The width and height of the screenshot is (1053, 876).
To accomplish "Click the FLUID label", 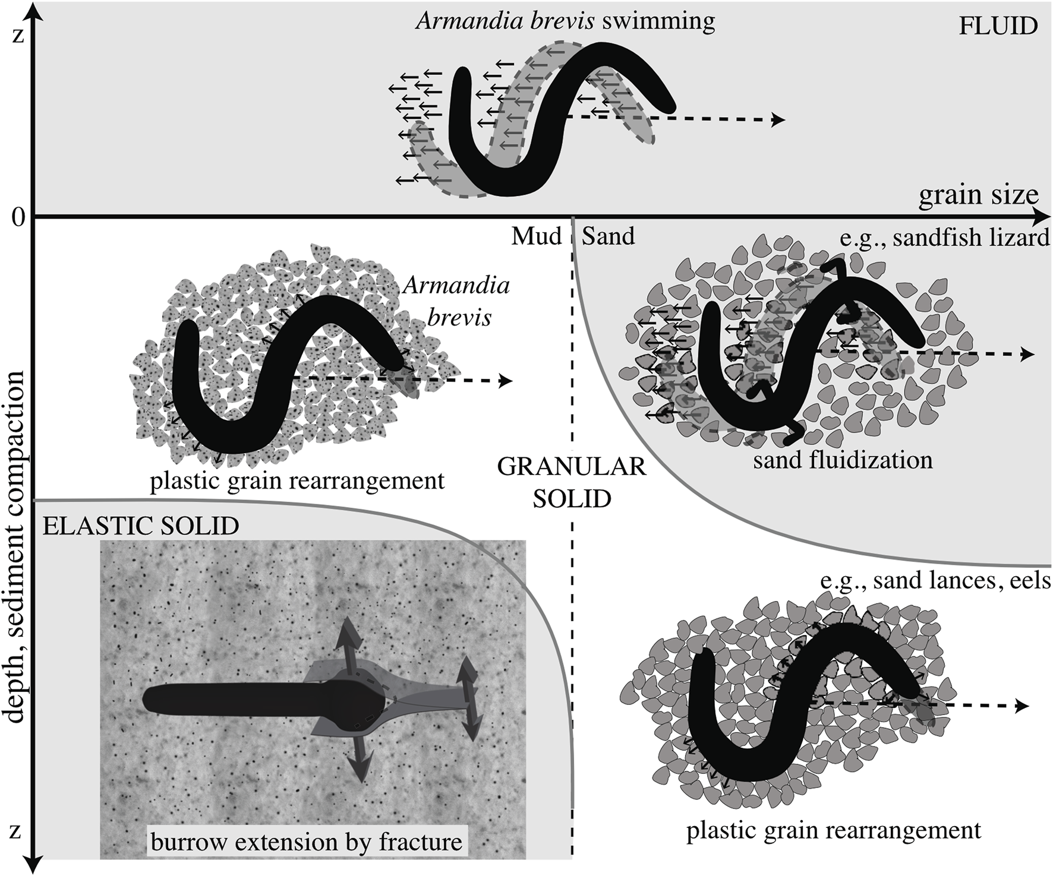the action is (998, 26).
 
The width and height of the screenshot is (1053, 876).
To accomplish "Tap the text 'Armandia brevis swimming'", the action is (565, 21).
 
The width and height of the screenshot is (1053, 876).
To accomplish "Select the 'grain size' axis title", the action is (978, 195).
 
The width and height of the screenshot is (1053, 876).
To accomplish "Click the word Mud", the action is (536, 236).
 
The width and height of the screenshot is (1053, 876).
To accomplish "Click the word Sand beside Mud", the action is (608, 236).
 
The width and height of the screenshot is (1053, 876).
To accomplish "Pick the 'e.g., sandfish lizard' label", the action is (945, 238).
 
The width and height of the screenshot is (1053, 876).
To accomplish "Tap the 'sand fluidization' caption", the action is (843, 460).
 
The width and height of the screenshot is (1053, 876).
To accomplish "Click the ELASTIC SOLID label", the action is (141, 526).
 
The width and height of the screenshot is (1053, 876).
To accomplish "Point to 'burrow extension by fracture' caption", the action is (306, 842).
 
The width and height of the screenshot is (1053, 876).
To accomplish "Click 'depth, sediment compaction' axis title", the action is (17, 546).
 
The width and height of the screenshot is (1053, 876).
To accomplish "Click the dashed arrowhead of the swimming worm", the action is (778, 120).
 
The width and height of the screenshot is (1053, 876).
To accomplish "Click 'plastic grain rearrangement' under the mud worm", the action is (297, 480).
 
